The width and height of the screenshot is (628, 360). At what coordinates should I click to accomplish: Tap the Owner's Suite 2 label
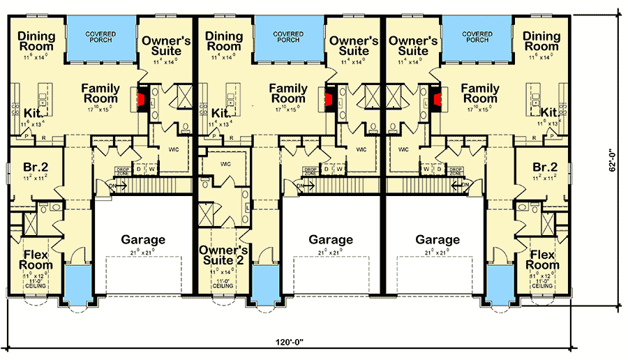point(223,256)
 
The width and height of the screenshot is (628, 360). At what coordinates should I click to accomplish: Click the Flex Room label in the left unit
point(36,260)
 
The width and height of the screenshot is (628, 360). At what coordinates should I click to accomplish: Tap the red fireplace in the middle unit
point(331,99)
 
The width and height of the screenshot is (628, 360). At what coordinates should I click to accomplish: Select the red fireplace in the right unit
point(436,99)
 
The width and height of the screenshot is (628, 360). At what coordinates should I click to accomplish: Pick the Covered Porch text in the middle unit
point(287,36)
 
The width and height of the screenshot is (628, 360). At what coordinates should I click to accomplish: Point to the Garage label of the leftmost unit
point(143,239)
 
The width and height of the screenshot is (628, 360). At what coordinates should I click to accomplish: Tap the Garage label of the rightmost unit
point(438,239)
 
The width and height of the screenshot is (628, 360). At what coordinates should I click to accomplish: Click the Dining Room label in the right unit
point(541,41)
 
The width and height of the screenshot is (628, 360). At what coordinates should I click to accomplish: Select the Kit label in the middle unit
point(221,112)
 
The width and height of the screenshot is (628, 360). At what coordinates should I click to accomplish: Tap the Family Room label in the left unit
point(100,93)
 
